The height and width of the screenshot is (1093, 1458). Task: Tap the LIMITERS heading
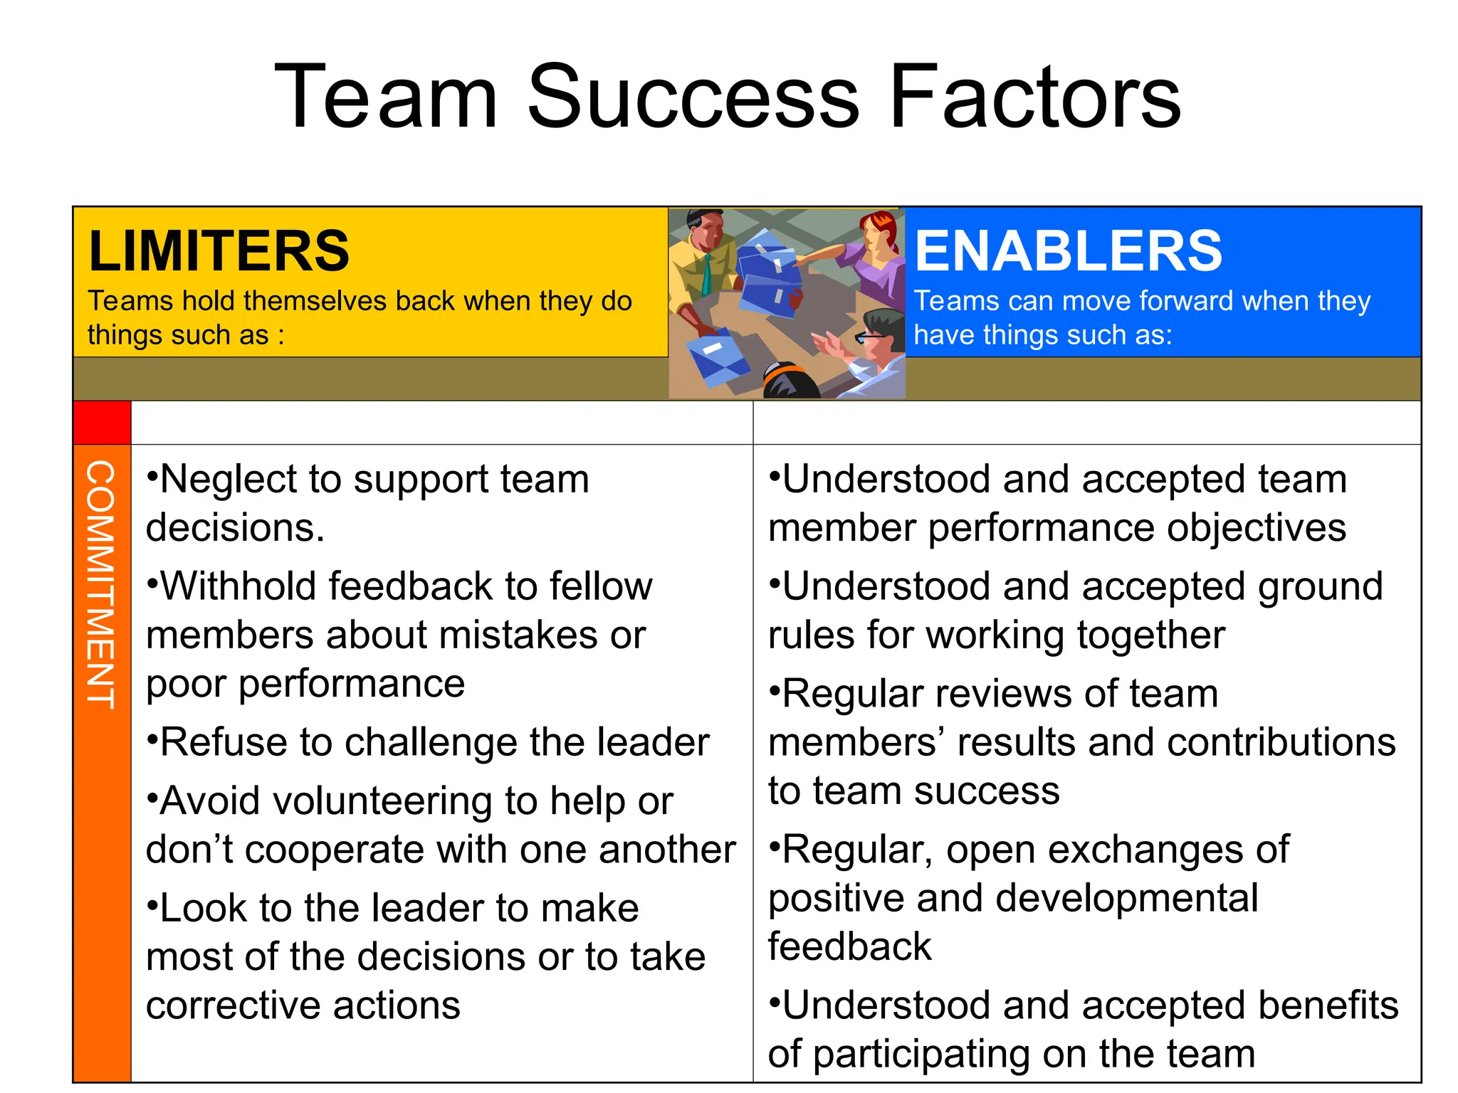click(219, 251)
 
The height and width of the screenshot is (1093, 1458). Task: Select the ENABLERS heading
click(1068, 251)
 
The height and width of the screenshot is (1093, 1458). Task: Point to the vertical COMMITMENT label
click(100, 584)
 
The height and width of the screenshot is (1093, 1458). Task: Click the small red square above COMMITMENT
click(102, 422)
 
